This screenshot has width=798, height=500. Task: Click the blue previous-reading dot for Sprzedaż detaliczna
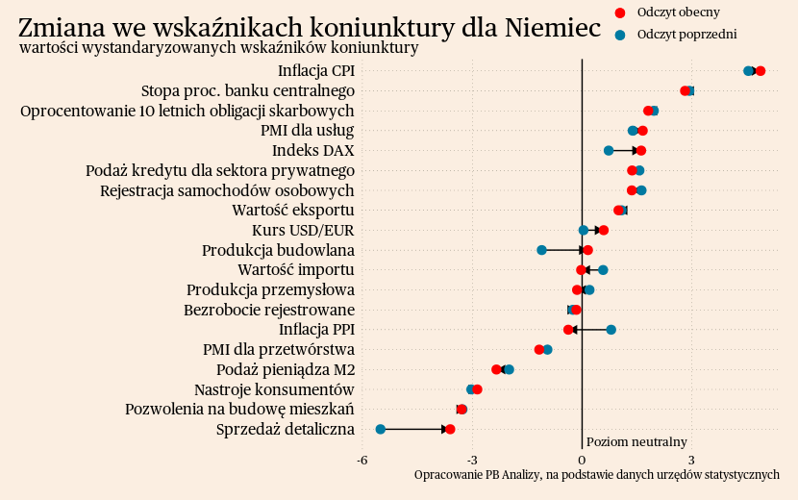point(381,429)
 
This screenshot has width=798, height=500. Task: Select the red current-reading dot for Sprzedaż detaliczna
point(450,429)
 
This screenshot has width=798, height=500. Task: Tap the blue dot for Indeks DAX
point(609,151)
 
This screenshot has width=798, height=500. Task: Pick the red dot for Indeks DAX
point(641,151)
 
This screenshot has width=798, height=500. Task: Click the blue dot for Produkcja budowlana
point(541,250)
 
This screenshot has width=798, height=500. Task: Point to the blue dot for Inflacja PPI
point(611,330)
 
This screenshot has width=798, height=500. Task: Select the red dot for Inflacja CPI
point(761,71)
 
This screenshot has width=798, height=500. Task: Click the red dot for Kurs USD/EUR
point(604,230)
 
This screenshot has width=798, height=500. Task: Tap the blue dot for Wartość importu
point(603,270)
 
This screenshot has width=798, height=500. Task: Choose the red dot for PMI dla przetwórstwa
point(539,349)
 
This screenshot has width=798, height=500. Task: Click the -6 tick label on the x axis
point(362,461)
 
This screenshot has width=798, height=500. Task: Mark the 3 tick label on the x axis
point(691,461)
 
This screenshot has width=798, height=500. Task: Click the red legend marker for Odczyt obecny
point(620,12)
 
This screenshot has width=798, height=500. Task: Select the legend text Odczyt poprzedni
point(686,35)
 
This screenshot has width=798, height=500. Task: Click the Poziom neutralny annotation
point(636,442)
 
